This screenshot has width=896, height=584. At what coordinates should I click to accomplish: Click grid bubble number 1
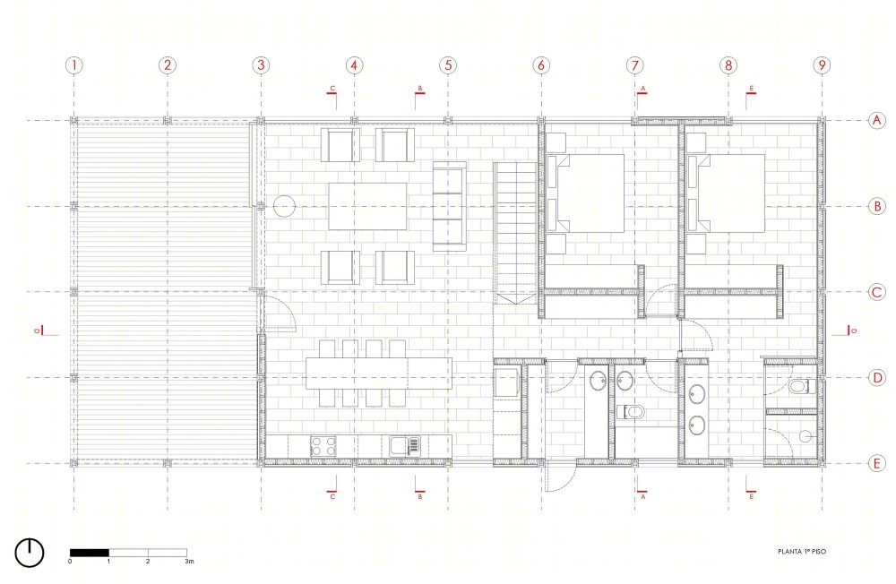click(x=73, y=65)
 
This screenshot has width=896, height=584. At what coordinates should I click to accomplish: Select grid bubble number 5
click(x=448, y=65)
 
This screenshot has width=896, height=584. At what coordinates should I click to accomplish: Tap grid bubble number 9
click(x=822, y=65)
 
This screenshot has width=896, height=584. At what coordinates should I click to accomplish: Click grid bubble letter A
click(x=876, y=120)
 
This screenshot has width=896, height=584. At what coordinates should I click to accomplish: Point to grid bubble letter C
click(x=876, y=292)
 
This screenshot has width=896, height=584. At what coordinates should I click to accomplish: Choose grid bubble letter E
click(x=876, y=463)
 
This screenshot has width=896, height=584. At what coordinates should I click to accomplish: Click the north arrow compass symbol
click(x=30, y=553)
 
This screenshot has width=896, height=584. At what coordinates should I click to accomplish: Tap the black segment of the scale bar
click(x=89, y=553)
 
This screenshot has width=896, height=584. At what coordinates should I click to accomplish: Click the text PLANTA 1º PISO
click(x=802, y=552)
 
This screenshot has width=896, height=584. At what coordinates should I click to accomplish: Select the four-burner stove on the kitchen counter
click(x=323, y=446)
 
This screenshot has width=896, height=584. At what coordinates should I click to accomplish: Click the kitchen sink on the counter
click(x=405, y=446)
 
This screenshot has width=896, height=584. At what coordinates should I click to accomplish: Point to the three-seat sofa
click(x=449, y=206)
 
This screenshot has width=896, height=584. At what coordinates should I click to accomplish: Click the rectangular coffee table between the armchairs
click(x=367, y=206)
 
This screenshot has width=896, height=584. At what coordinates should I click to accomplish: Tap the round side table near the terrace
click(x=284, y=206)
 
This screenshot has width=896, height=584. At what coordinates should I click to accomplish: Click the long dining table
click(x=379, y=374)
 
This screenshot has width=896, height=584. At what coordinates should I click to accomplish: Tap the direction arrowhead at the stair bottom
click(x=516, y=299)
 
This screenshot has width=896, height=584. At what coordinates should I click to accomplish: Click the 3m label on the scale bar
click(x=189, y=561)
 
